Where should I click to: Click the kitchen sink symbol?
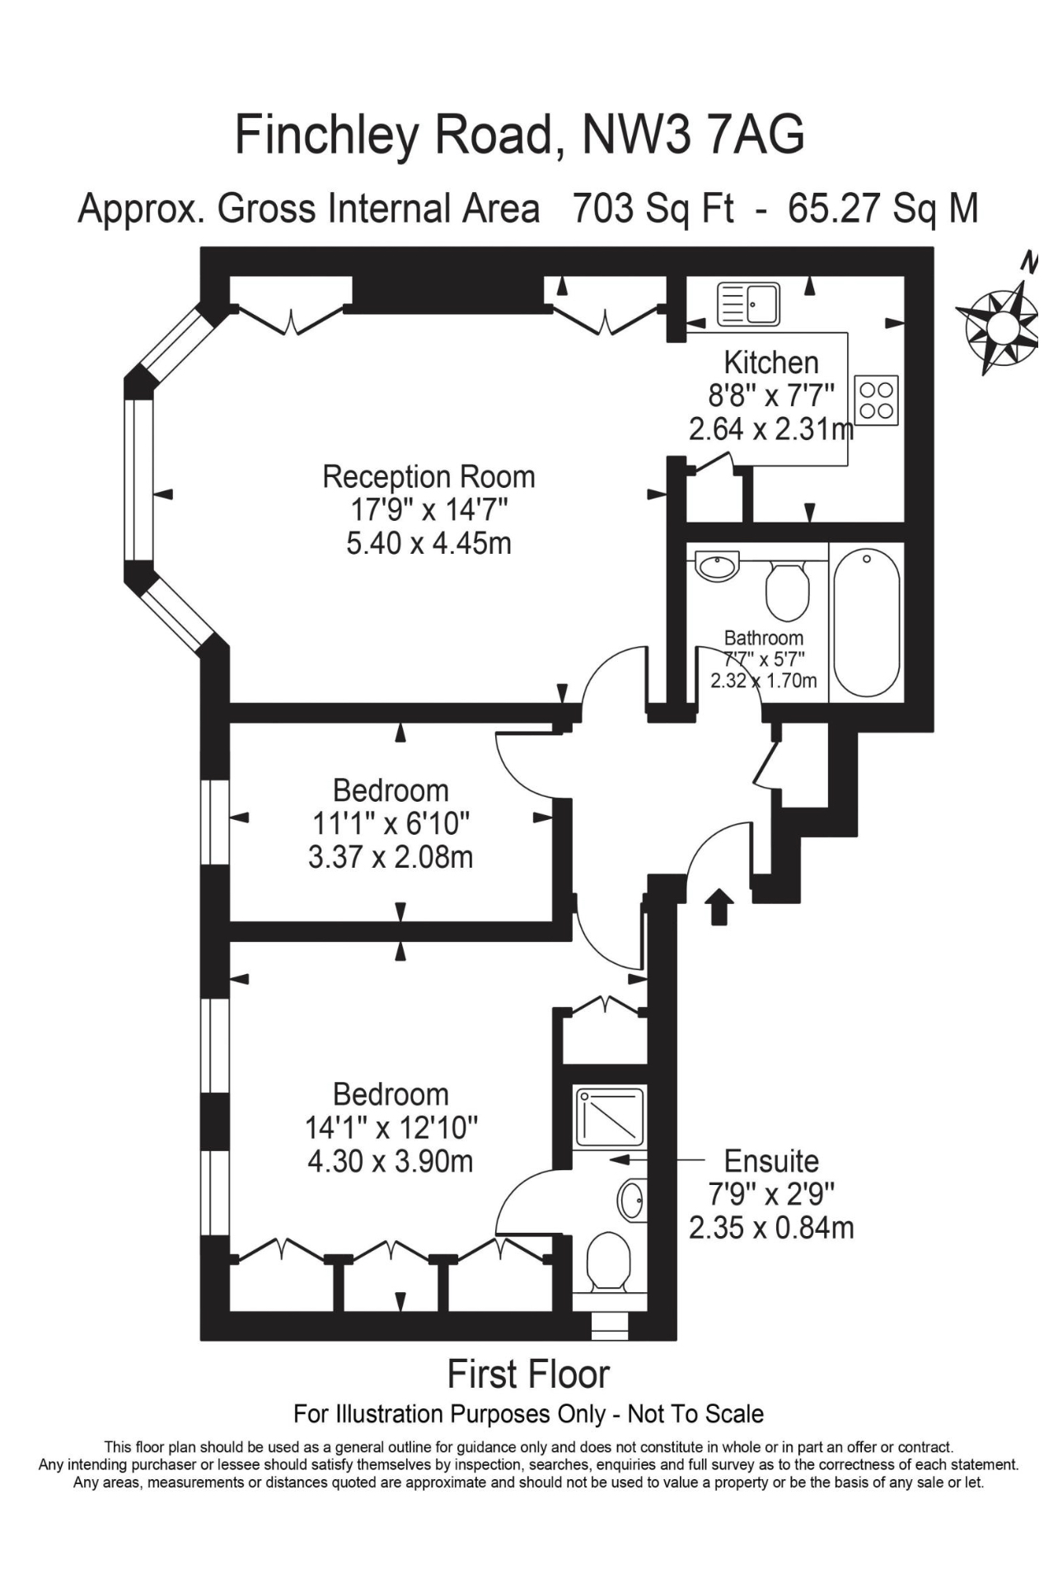pos(748,304)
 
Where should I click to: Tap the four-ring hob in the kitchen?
pos(877,400)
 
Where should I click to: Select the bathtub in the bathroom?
pos(866,623)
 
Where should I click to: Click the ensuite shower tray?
pos(611,1117)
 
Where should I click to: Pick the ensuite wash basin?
pos(633,1201)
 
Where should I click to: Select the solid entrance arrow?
pos(720,906)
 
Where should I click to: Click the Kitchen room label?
pos(771,363)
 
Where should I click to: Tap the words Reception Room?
pos(428,476)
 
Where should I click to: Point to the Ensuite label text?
pos(771,1161)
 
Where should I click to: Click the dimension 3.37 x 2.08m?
pos(391,858)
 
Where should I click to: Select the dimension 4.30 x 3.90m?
pos(391,1162)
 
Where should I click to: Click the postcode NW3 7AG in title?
pos(693,135)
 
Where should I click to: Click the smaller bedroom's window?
pos(215,822)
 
